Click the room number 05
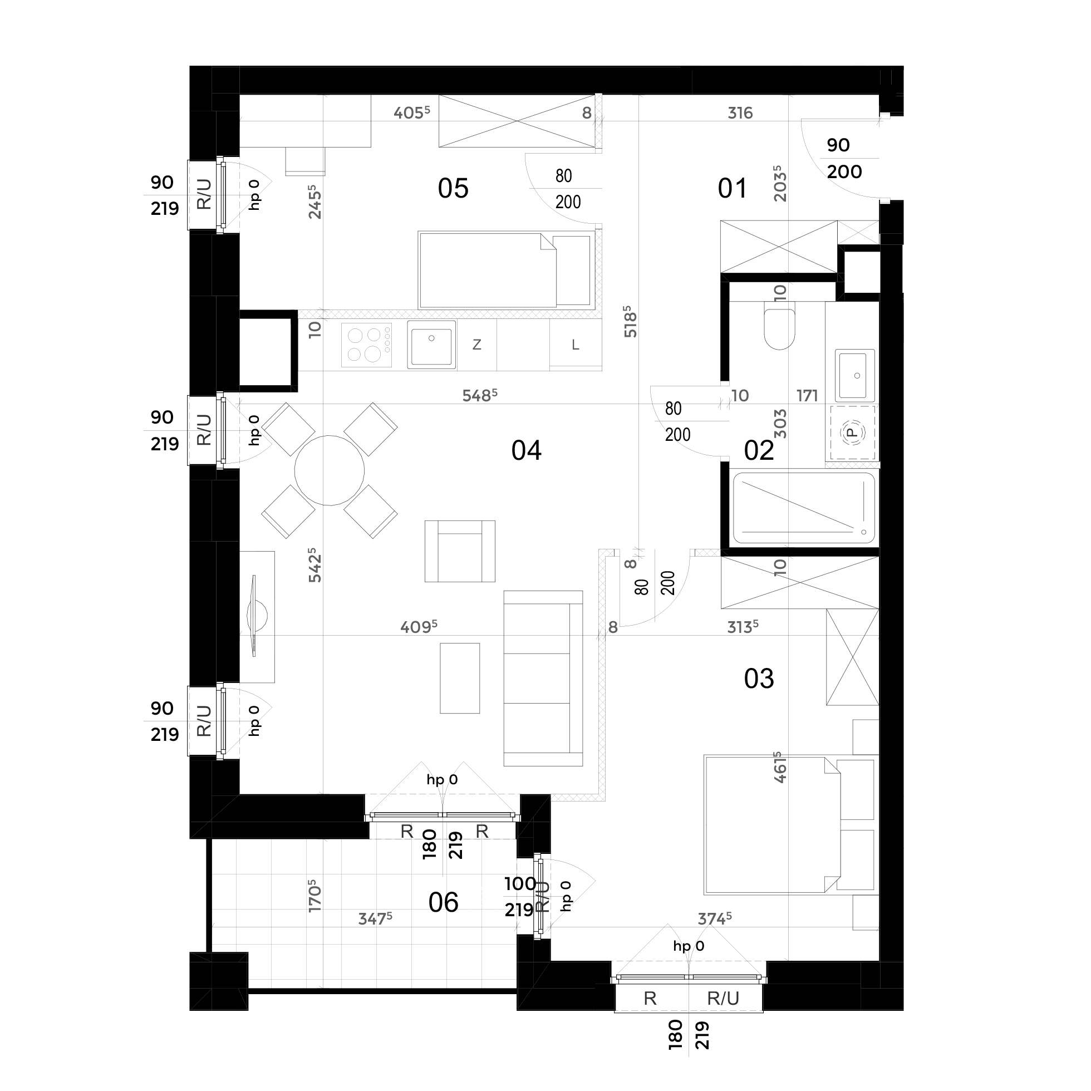pos(453,188)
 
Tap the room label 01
pos(733,188)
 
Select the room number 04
pos(527,451)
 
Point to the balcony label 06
pos(443,902)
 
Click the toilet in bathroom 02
pos(779,326)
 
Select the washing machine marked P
pos(852,433)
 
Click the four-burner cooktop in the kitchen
pos(366,345)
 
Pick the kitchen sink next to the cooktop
pos(431,345)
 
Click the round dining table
pos(329,470)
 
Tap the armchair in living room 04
pos(460,551)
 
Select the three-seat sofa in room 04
pos(543,678)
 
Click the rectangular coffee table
pos(460,678)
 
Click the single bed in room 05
pos(507,270)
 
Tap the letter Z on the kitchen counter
pos(476,345)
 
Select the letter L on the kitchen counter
pos(576,345)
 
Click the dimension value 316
pos(740,113)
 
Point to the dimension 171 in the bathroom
pos(808,395)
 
